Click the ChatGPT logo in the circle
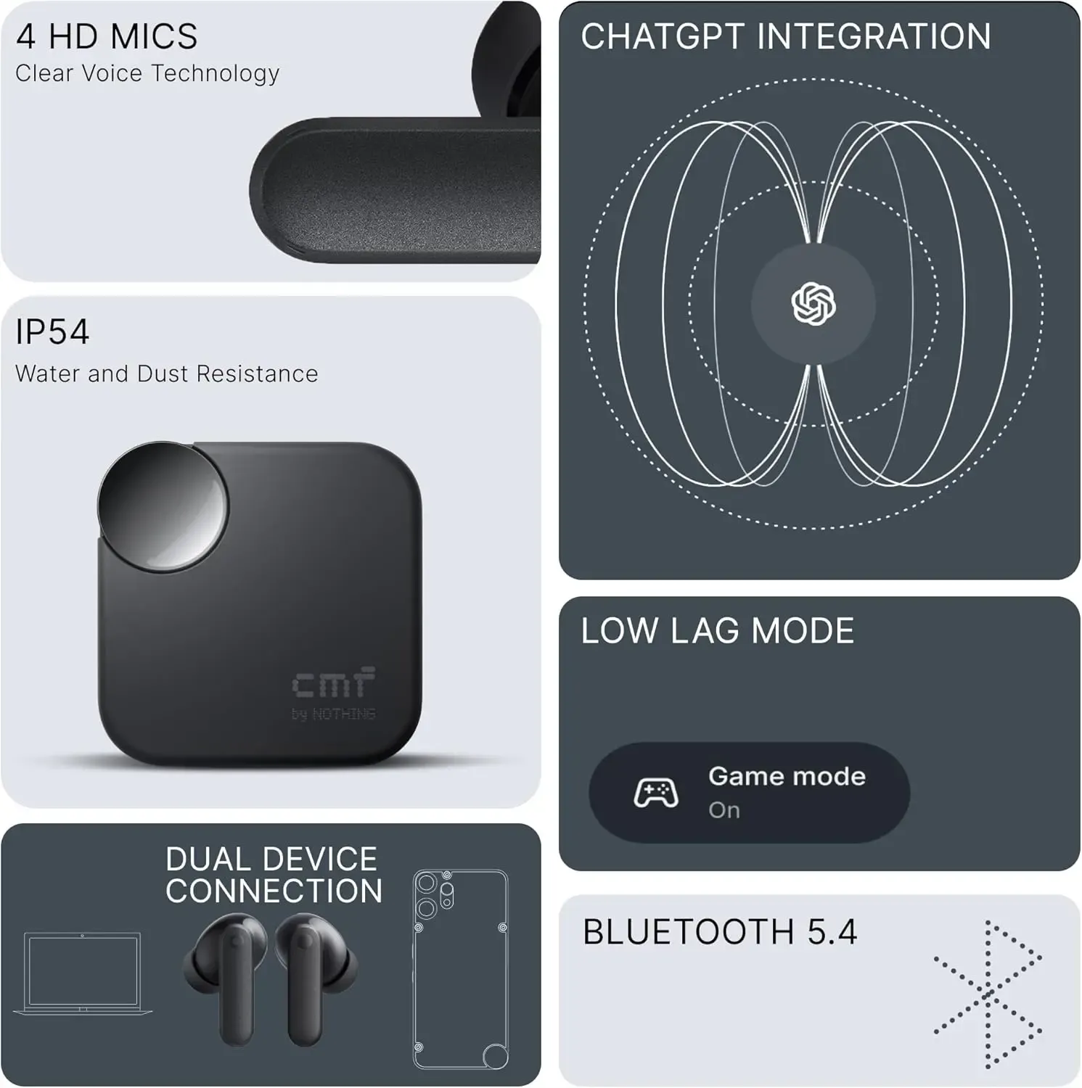[x=813, y=303]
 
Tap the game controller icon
[x=655, y=792]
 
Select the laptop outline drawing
[x=83, y=974]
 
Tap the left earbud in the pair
[x=225, y=976]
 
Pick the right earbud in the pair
[x=313, y=976]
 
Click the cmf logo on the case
[x=333, y=683]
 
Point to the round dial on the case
[x=163, y=505]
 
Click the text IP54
[x=52, y=332]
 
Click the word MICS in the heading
[x=160, y=37]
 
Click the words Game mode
[x=787, y=776]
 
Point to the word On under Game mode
[x=724, y=809]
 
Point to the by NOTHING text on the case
[x=333, y=714]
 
